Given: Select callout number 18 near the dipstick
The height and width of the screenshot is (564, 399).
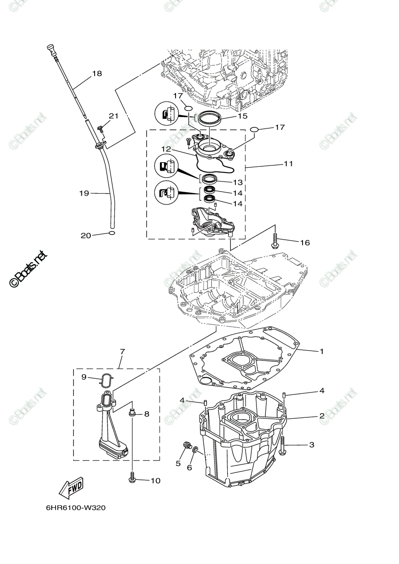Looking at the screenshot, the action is (x=97, y=73).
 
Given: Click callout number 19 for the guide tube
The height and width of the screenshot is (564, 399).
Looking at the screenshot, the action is (x=84, y=193).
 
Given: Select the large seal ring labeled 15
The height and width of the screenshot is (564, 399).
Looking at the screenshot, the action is (x=209, y=117).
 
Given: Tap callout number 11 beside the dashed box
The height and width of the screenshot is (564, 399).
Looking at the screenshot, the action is (x=288, y=164).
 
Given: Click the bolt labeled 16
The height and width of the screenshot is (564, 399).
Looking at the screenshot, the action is (x=275, y=241).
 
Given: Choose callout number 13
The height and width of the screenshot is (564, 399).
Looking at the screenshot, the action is (x=238, y=182).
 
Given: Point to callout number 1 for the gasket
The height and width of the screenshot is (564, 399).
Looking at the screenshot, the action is (x=321, y=351).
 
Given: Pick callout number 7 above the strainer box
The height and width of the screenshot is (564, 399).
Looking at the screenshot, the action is (x=122, y=352).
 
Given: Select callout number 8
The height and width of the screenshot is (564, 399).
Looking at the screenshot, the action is (x=147, y=414).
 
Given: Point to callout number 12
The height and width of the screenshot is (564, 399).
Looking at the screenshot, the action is (x=167, y=149).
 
